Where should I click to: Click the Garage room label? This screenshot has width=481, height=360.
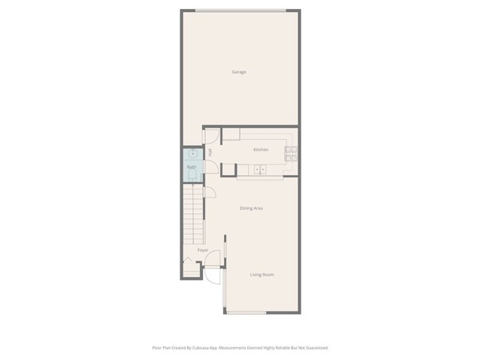click(x=239, y=72)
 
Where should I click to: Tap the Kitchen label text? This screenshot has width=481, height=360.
click(x=261, y=150)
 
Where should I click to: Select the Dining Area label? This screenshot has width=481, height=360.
click(x=251, y=208)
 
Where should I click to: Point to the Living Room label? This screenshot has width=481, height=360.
click(x=262, y=275)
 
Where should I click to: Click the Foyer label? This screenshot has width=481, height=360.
click(x=202, y=250)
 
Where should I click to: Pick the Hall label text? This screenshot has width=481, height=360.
click(x=210, y=152)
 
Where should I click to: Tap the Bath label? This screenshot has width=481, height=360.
click(x=192, y=167)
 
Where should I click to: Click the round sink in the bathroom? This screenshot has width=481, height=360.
click(x=192, y=154)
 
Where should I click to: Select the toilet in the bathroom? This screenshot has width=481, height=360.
click(x=192, y=177)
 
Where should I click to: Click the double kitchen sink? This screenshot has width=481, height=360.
click(x=260, y=170)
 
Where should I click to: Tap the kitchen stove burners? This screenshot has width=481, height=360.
click(x=291, y=153)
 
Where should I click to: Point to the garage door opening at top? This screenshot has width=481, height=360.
click(x=240, y=9)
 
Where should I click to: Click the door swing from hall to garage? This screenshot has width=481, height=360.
click(x=211, y=136)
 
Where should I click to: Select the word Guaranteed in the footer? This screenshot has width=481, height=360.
click(x=314, y=348)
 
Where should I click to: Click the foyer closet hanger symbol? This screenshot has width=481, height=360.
click(x=187, y=262)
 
